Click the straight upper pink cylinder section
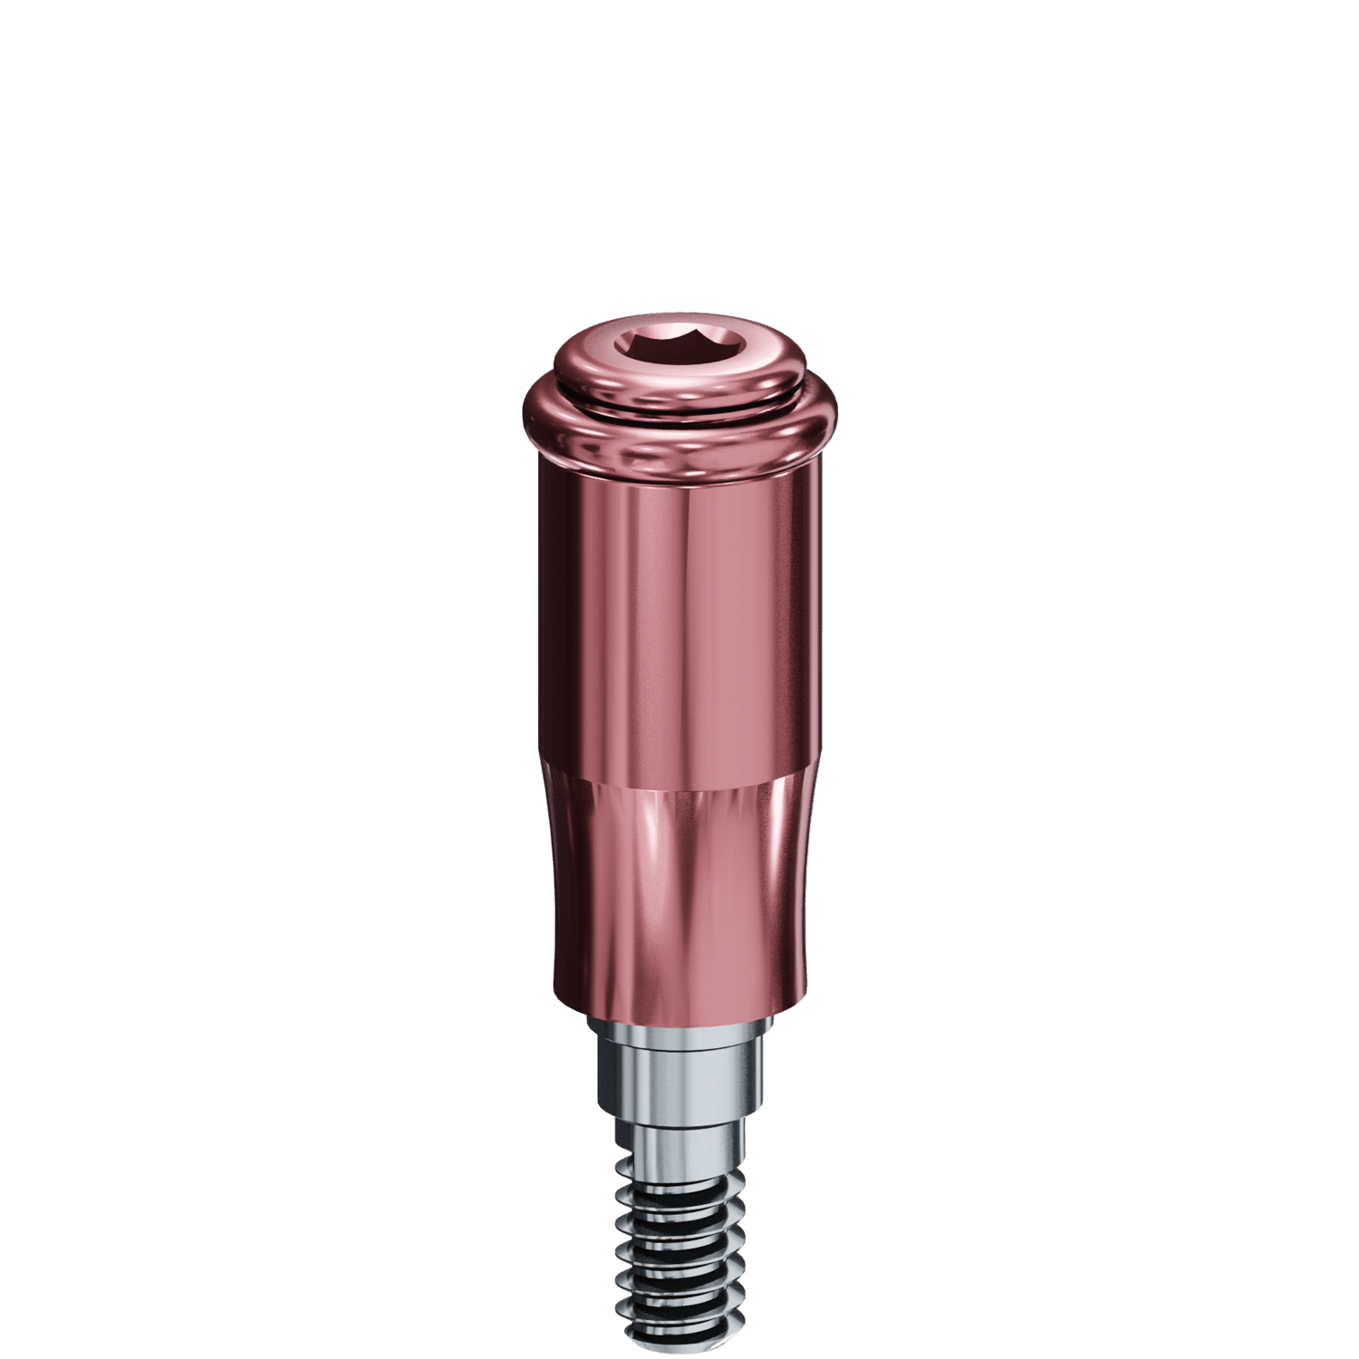point(679,616)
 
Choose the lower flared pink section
point(679,888)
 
